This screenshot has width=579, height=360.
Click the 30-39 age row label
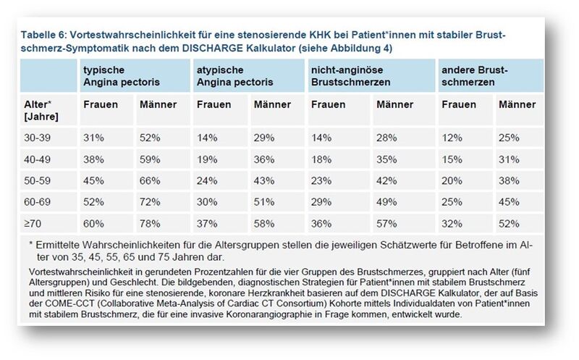(38, 138)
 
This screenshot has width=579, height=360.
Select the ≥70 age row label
(33, 224)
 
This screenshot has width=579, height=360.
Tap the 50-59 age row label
(38, 181)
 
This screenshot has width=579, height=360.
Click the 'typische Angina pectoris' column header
(122, 76)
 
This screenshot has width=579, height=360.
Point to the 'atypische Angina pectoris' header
(234, 76)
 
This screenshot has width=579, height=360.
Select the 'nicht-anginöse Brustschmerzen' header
(351, 76)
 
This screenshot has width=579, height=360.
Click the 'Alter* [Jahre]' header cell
(41, 111)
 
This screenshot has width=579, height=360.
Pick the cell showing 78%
(150, 224)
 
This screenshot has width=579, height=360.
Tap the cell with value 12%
(452, 138)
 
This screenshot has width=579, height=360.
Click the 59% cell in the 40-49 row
(150, 159)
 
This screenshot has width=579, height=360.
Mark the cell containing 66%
(150, 181)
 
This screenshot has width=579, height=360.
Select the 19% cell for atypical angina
(207, 159)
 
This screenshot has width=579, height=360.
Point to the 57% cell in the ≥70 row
(386, 224)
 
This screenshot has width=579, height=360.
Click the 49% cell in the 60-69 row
(386, 202)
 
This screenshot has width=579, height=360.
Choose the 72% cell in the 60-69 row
(150, 202)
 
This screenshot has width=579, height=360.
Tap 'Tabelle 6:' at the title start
(43, 35)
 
